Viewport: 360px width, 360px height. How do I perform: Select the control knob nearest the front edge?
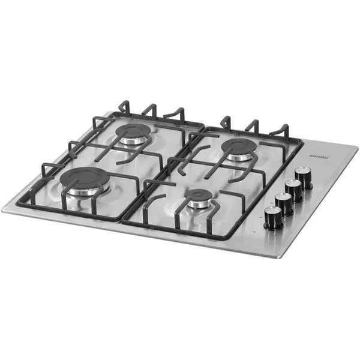point(274,217)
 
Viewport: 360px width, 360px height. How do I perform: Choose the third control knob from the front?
point(294,190)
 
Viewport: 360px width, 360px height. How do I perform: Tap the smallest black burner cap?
point(199,196)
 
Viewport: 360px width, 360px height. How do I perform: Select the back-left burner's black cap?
point(133,131)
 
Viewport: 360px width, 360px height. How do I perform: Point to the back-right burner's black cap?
point(239,146)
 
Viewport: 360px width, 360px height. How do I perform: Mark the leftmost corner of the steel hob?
point(3,209)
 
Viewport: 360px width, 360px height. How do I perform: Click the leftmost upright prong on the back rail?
point(124,107)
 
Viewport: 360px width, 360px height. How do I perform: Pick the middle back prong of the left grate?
point(150,111)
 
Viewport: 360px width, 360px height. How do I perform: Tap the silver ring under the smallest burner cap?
point(199,204)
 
